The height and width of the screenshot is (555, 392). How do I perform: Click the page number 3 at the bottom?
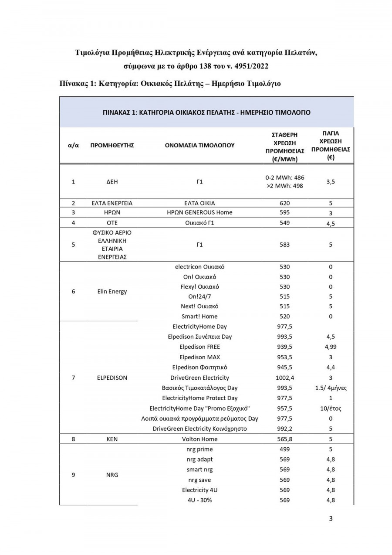coord(331,518)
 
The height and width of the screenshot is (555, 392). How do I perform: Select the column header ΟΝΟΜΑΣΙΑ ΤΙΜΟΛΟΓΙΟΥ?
coord(199,145)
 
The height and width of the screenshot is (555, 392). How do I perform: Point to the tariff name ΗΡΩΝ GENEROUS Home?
coord(199,213)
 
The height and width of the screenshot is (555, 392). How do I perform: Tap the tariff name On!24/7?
coord(199,296)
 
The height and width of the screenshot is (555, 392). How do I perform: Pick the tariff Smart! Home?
coord(199,317)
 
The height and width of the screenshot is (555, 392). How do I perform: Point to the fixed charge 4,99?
coord(331,347)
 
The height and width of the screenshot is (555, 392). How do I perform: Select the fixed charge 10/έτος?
coord(331,408)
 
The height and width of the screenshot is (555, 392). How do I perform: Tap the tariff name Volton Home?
coord(199,439)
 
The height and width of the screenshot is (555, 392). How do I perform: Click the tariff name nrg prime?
coord(199,449)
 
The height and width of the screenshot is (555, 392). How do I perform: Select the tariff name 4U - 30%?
coord(199,500)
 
